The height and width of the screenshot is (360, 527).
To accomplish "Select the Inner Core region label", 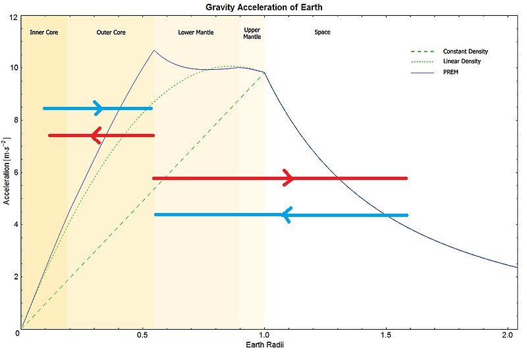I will point(44,32).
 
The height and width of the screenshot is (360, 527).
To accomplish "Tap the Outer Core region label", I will point(111,32).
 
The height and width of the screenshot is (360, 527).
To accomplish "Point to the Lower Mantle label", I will point(196,32).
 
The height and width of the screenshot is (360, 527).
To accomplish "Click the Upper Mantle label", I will point(252,34).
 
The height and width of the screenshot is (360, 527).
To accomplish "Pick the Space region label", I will point(322,32).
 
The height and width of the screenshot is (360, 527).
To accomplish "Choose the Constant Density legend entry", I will point(465,51).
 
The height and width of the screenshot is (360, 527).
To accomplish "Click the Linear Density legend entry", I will point(461,61).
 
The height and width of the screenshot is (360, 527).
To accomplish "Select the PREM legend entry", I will point(451,72).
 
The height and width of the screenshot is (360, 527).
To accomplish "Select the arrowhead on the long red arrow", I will point(288,178).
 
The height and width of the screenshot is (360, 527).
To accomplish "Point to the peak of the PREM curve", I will point(154,50).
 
